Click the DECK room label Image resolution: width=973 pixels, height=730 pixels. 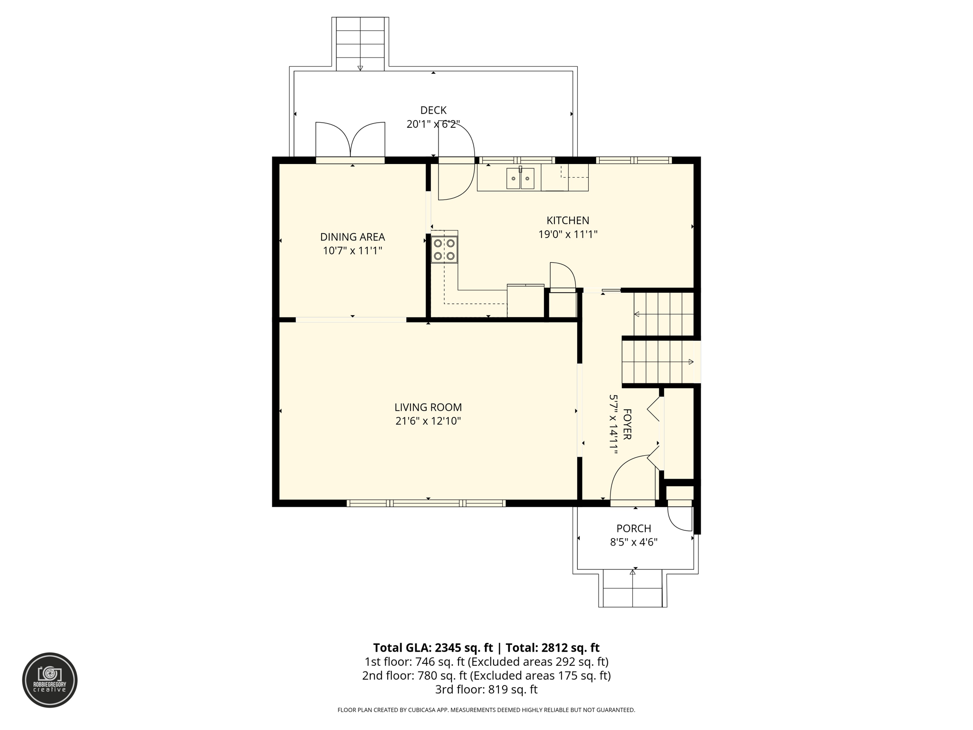pos(433,110)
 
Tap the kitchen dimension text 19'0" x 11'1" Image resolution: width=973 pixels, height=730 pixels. pos(568,234)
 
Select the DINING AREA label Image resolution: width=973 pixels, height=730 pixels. pos(353,237)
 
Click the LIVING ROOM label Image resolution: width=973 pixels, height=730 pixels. pos(428,407)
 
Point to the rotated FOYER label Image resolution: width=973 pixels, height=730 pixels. pos(627,424)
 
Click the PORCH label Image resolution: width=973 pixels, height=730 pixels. pos(634,528)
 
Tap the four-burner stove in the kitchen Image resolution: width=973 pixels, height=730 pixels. pos(444,250)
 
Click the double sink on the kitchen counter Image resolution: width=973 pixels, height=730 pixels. pos(520,179)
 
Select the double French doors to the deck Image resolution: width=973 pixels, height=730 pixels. pos(350,141)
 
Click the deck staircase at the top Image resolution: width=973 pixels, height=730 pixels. pos(360,44)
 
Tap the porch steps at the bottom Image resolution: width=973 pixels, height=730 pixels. pos(632,589)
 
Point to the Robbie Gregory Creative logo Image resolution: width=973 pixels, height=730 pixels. pos(50,680)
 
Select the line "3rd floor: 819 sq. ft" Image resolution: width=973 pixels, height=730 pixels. pos(486,689)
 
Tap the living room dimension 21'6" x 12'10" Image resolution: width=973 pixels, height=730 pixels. pos(428,421)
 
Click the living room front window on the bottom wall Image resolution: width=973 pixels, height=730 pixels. pos(426,503)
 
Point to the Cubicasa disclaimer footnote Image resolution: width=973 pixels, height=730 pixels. pos(486,710)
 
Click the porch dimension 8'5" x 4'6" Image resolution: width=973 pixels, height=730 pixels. pos(634,542)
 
